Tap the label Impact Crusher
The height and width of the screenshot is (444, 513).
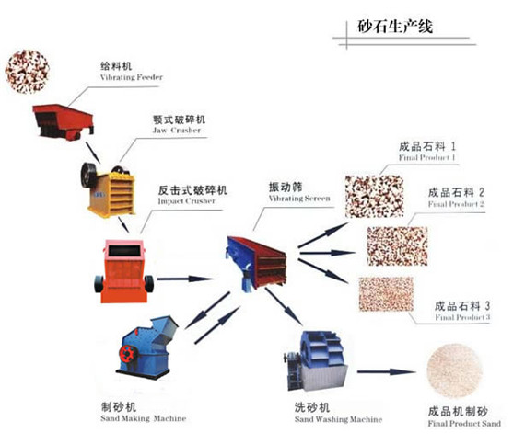point(187,200)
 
